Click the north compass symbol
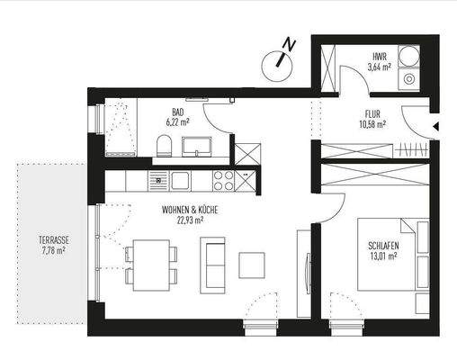point(280,61)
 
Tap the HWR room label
point(379,56)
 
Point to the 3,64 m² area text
point(379,66)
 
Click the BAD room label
point(178,111)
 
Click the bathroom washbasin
point(195,145)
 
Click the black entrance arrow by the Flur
point(435,127)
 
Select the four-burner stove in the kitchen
point(223,180)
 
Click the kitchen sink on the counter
point(159,180)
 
